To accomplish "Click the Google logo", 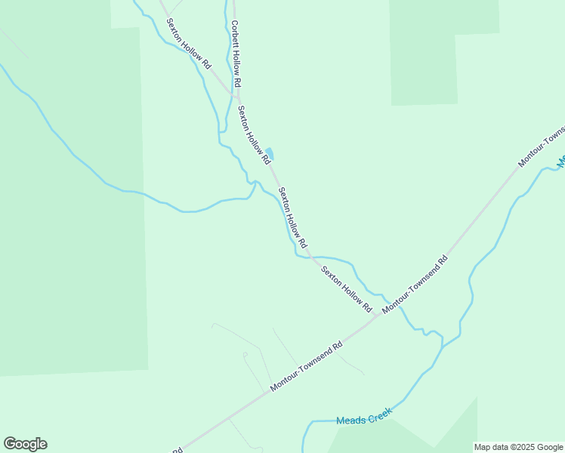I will pos(25,444).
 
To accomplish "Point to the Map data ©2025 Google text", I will pos(518,447).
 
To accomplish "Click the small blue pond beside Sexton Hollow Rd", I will pos(270,153).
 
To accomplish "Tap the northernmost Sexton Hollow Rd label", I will pos(189,45).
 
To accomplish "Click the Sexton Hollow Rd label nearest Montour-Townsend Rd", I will pos(347,290).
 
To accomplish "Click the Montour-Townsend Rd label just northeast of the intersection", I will pos(415,285).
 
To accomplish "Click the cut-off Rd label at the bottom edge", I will pos(177,450).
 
